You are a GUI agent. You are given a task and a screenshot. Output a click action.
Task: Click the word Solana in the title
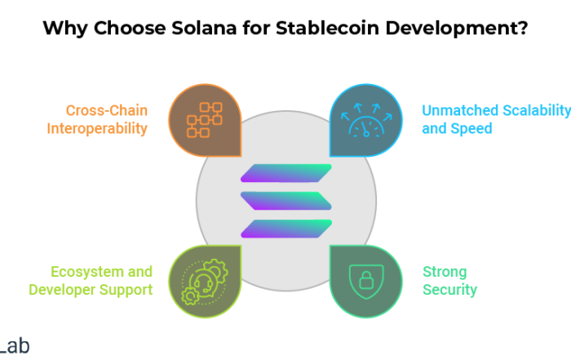coord(204,28)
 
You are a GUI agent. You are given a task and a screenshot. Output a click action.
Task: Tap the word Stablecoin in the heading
coord(327,28)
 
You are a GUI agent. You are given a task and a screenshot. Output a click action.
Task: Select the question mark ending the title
coord(524,28)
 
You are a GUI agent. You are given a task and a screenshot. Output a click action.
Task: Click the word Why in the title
coord(65,29)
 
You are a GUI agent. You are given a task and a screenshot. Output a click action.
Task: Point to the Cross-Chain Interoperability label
coord(97,119)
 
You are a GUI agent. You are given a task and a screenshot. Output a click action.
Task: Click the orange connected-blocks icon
coord(205,120)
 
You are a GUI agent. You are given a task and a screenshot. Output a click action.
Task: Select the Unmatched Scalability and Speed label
coord(496,119)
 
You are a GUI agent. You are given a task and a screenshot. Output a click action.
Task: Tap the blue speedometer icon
coord(366,120)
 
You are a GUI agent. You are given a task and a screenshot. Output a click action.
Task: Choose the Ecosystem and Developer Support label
coord(91,281)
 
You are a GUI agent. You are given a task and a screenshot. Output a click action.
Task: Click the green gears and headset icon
coord(205,282)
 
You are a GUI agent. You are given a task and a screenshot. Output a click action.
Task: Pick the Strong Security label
coord(449,281)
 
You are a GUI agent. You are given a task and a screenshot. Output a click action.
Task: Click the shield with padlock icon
coord(366,282)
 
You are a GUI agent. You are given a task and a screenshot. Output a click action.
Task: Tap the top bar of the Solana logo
coord(286,173)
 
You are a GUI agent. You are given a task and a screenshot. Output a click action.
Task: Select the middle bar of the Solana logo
coord(286,201)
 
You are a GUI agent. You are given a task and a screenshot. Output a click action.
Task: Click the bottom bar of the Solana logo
coord(286,229)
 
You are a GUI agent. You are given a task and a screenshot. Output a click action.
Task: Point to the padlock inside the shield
coord(366,281)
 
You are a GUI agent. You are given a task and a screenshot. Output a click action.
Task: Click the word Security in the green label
coord(449,290)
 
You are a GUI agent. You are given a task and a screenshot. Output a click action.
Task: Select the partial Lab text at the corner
coord(15,346)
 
